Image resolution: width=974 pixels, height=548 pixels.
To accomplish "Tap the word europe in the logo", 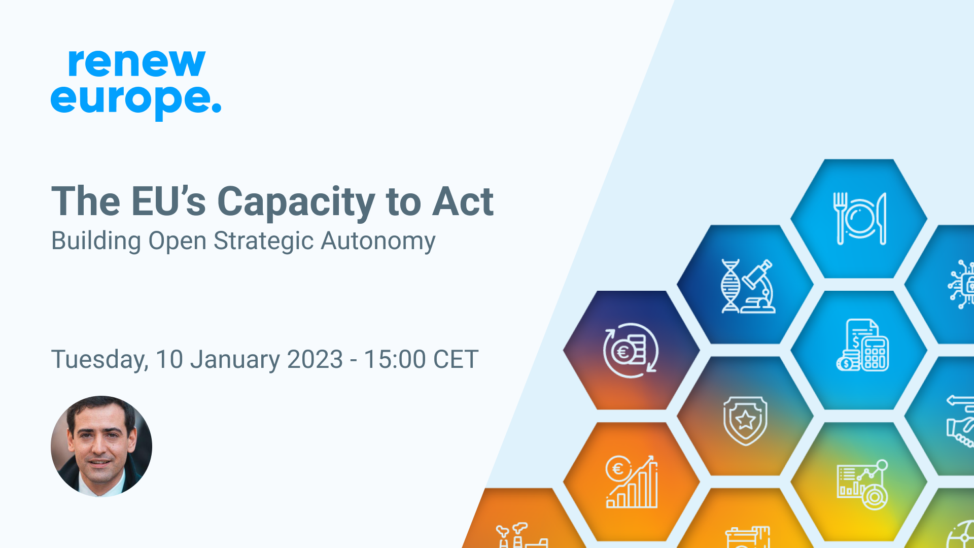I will pyautogui.click(x=129, y=99).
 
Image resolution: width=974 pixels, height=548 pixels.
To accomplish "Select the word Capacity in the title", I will pyautogui.click(x=296, y=202).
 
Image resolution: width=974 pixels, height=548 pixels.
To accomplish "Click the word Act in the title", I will pyautogui.click(x=463, y=201).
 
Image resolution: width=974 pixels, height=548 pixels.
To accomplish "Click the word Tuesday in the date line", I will pyautogui.click(x=99, y=360).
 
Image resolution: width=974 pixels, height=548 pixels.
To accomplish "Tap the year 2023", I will pyautogui.click(x=315, y=359).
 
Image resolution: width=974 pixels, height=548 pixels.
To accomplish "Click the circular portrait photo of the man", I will pyautogui.click(x=101, y=446).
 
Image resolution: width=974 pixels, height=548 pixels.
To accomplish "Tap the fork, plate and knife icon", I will pyautogui.click(x=859, y=219).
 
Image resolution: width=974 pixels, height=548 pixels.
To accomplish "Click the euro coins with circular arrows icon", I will pyautogui.click(x=631, y=351).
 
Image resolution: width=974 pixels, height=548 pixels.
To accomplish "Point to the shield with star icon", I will pyautogui.click(x=745, y=421).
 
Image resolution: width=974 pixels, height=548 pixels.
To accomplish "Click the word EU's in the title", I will pyautogui.click(x=168, y=201).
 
